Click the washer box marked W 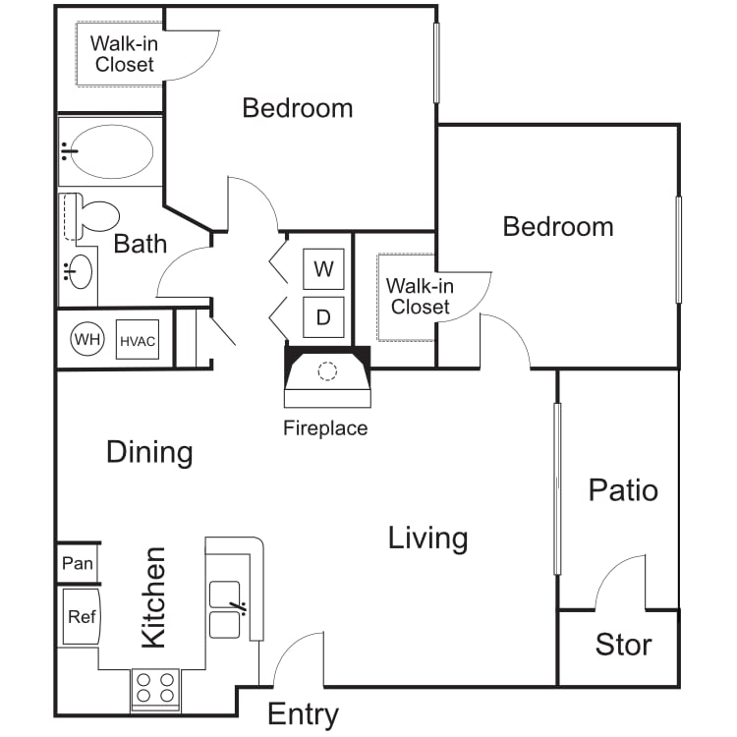(x=323, y=269)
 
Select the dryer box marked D (x=323, y=317)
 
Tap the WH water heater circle (x=87, y=339)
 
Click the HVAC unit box (x=138, y=340)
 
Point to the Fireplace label (x=325, y=428)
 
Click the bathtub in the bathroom (x=111, y=151)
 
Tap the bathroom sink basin (x=79, y=271)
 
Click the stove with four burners (x=155, y=690)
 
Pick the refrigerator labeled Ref (x=82, y=616)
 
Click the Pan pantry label (x=78, y=563)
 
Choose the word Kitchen (x=153, y=597)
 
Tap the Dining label (x=149, y=452)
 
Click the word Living (x=427, y=539)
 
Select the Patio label (x=623, y=490)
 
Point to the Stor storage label (x=623, y=644)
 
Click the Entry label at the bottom (x=304, y=715)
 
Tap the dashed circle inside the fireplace (x=327, y=371)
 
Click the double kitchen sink (x=225, y=609)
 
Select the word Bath (x=141, y=244)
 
